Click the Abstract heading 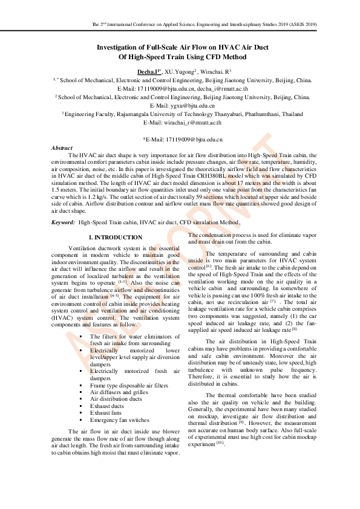click(62, 148)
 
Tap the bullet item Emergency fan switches click(119, 420)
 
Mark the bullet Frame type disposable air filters click(129, 385)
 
